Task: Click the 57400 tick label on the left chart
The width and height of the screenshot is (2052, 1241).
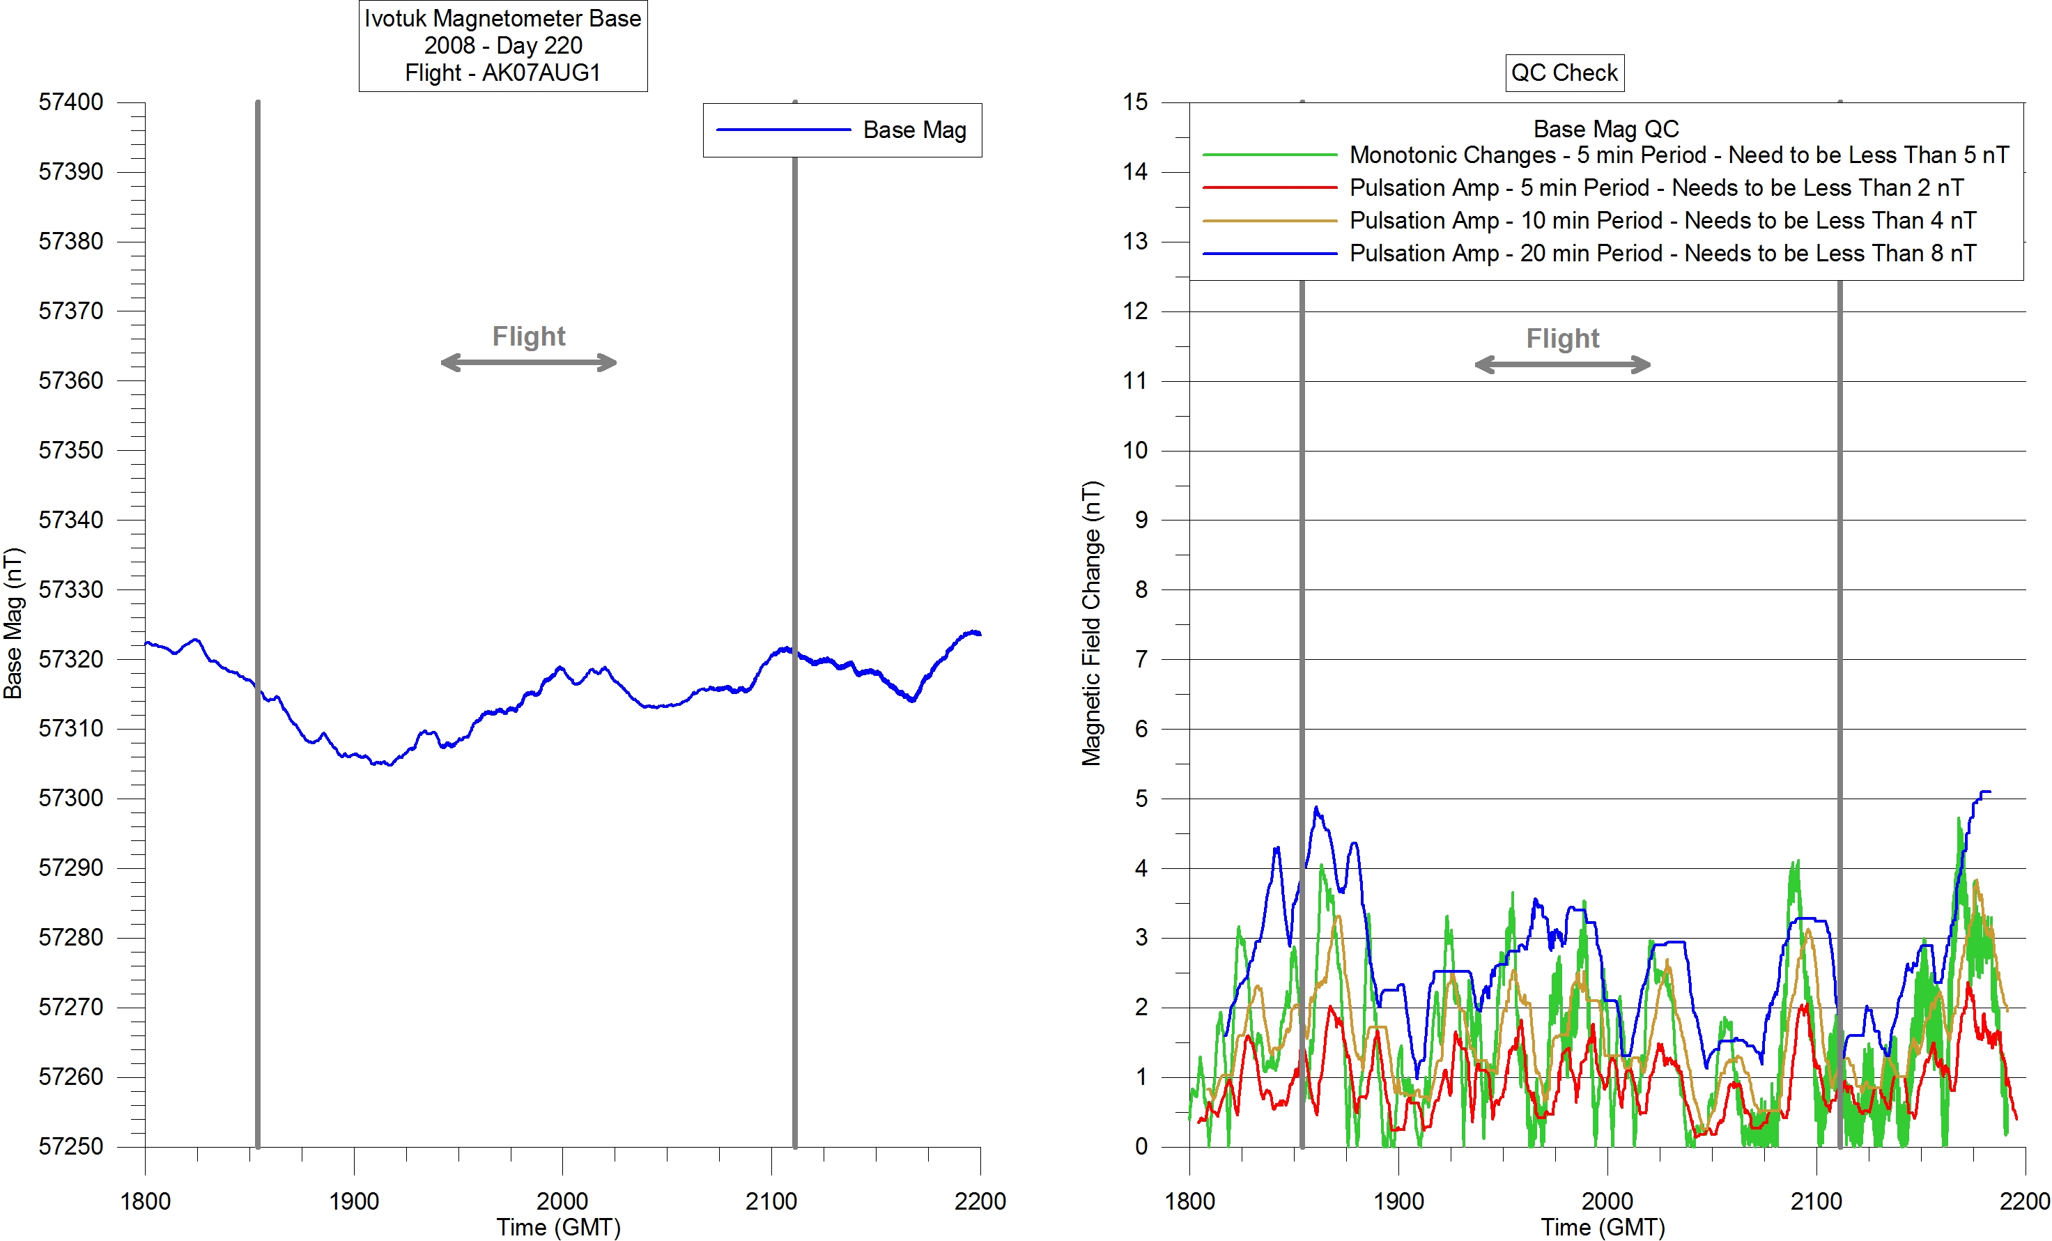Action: pos(71,102)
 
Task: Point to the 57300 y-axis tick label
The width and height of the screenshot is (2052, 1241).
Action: pos(71,798)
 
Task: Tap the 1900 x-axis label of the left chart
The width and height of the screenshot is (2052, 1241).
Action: pos(354,1201)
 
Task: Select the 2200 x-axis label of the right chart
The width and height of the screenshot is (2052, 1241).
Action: pos(2023,1201)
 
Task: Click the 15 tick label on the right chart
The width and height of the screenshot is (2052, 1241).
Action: pos(1135,102)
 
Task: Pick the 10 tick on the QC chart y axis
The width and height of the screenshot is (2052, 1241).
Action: pos(1135,451)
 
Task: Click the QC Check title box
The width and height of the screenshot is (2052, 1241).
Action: pos(1564,72)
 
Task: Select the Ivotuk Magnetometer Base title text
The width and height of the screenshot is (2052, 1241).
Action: pos(502,18)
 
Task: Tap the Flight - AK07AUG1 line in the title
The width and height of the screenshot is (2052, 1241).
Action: pos(502,73)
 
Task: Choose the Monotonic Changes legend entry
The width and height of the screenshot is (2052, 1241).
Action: pos(1678,155)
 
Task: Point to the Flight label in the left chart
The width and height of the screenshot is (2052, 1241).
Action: pos(528,336)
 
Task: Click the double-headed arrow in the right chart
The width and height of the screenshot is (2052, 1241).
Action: pos(1562,365)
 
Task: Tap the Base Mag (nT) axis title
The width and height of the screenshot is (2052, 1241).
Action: pos(13,623)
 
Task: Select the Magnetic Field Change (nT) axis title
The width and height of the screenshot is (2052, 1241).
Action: pos(1091,623)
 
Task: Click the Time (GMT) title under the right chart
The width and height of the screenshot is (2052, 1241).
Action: pos(1603,1227)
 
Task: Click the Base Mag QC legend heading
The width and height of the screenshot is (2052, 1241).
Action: pos(1605,129)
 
